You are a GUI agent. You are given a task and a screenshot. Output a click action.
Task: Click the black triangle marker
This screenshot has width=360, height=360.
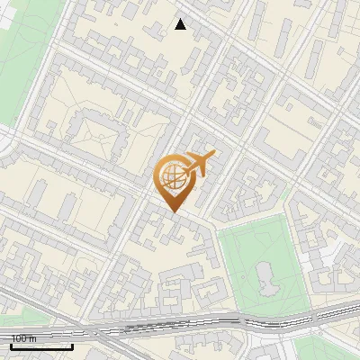click(x=181, y=24)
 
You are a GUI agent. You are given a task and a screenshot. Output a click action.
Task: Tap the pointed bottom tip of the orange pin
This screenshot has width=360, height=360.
click(x=173, y=211)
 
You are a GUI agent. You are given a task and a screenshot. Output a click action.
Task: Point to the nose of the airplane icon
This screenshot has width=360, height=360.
click(x=213, y=156)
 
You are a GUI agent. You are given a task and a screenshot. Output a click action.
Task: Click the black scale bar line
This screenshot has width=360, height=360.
click(x=41, y=346)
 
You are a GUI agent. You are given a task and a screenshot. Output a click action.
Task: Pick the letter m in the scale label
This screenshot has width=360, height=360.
click(x=33, y=338)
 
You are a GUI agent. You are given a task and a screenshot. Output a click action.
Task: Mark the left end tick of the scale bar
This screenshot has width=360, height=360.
click(x=11, y=345)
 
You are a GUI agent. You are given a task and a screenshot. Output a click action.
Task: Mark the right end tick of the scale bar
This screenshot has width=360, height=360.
click(x=72, y=345)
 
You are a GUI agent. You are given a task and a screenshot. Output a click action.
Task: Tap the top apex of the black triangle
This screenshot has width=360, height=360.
click(x=181, y=19)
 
